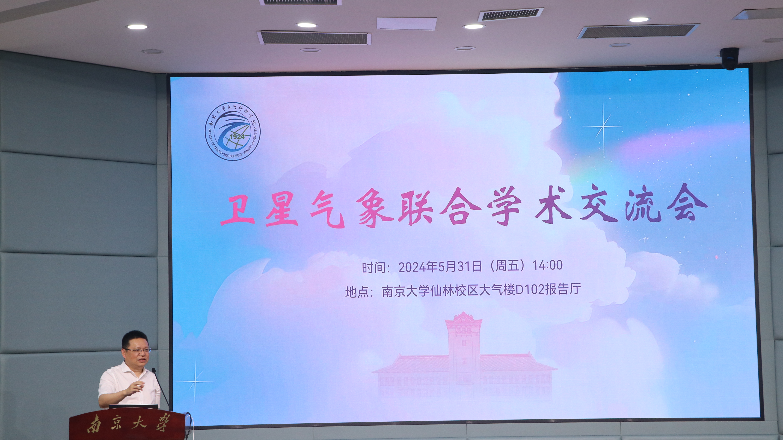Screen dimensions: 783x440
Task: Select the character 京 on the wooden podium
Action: (116, 424)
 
